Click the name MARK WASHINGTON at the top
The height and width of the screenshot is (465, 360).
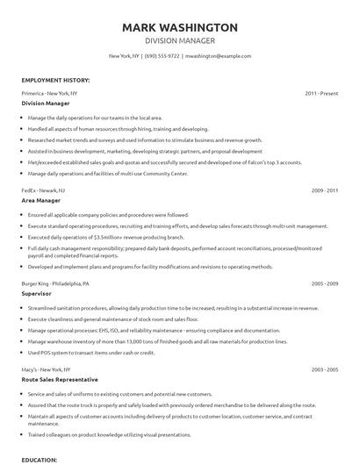pos(180,27)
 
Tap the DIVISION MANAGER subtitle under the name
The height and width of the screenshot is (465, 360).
pos(180,40)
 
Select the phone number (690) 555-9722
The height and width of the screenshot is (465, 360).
pos(162,55)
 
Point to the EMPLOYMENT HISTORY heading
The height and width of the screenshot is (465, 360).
pos(54,79)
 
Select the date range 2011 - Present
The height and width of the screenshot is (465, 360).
pos(321,92)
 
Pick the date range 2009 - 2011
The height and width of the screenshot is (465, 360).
pos(325,190)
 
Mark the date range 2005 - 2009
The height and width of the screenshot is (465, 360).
pos(325,286)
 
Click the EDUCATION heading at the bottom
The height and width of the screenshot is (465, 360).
pos(40,459)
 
